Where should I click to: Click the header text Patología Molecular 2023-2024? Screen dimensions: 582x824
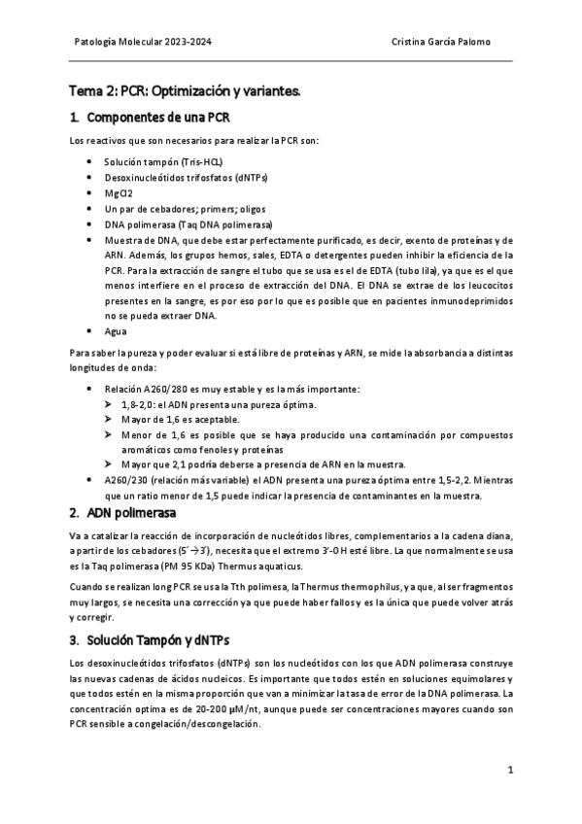tap(144, 42)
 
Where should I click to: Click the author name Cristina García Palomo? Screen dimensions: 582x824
tap(441, 42)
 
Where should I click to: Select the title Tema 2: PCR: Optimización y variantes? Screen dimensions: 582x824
tap(184, 91)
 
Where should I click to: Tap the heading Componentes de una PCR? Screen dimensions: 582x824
tap(158, 119)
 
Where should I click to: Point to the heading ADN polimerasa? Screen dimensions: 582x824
tap(129, 512)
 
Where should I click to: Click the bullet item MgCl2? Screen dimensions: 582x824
tap(120, 192)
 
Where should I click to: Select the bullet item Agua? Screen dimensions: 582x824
tap(116, 330)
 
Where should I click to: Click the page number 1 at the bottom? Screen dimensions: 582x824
tap(509, 771)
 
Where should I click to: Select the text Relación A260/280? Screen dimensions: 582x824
tap(147, 388)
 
